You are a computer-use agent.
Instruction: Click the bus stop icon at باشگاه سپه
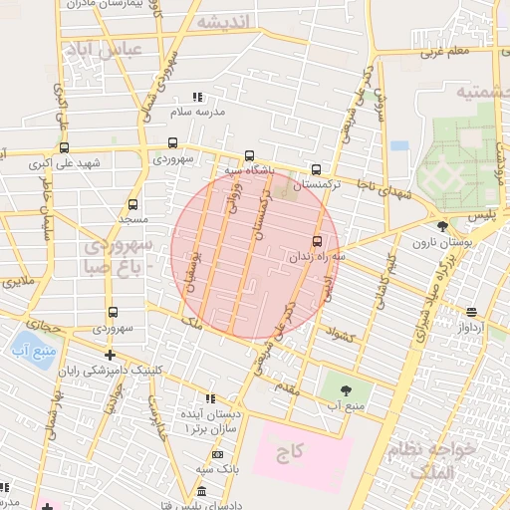(249, 155)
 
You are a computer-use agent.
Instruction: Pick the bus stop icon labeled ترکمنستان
(317, 169)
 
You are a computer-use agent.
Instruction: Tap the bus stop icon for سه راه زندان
(318, 240)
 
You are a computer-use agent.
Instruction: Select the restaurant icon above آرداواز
(470, 311)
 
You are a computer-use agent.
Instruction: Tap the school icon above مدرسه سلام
(196, 97)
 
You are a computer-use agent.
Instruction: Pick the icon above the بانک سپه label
(208, 452)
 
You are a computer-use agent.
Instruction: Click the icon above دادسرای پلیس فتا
(201, 492)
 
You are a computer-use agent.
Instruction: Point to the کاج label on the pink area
(289, 453)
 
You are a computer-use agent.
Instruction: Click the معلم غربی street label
(443, 50)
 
